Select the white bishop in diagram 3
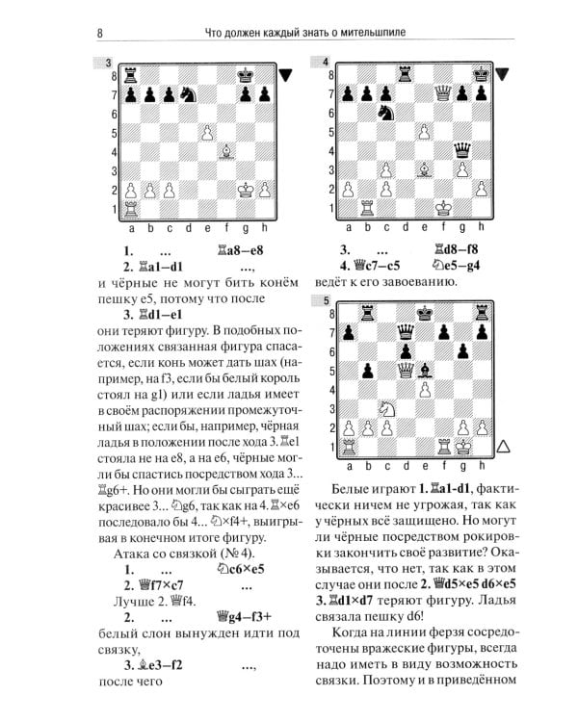226,151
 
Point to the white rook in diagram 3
131,209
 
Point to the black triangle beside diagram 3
284,74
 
